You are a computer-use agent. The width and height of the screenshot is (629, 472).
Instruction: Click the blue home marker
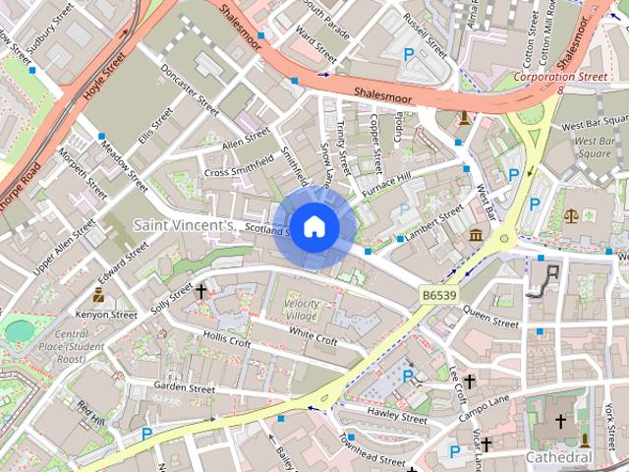(x=313, y=227)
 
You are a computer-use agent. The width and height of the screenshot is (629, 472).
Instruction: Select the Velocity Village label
(x=314, y=310)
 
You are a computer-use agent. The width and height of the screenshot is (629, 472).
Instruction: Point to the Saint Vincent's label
(x=184, y=225)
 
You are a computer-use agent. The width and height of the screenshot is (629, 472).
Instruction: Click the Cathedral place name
(x=558, y=457)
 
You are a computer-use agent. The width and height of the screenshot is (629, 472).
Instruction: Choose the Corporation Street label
(x=557, y=76)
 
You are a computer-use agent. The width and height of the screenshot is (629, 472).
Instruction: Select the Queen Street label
(x=489, y=316)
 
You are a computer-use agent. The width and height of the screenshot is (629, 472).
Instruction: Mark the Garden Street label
(x=184, y=388)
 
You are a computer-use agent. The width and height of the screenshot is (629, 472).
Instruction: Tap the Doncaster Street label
(x=190, y=88)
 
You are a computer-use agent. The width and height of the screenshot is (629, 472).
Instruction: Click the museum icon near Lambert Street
(x=477, y=235)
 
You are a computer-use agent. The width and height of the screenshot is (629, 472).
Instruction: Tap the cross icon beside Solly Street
(x=201, y=291)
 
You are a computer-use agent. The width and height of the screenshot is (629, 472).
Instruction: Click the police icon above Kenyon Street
(x=98, y=294)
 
